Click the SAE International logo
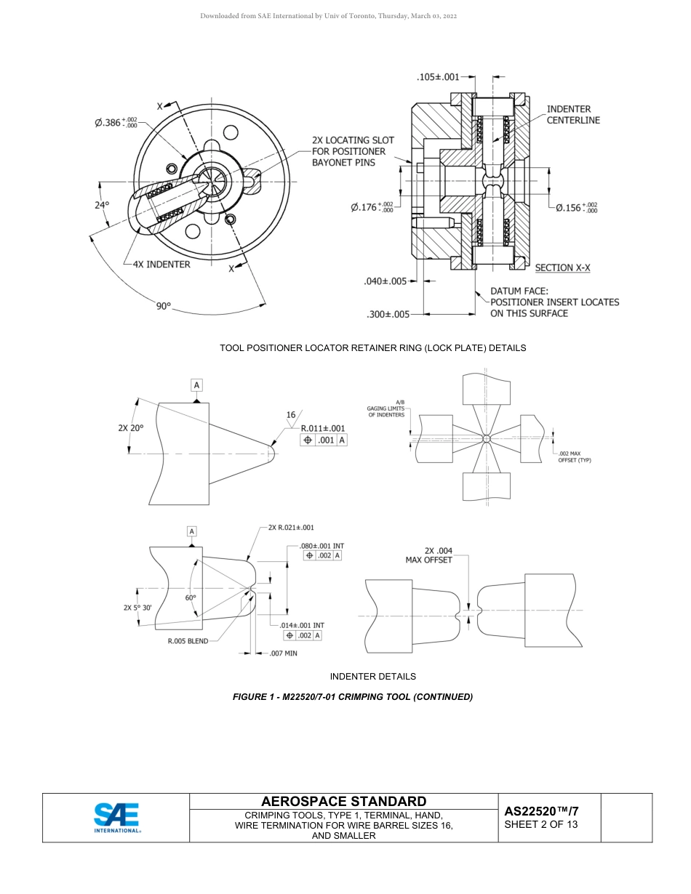116,818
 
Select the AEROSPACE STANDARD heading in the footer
343,802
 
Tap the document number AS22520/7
541,811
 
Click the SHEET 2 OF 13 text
540,824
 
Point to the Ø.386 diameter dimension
116,122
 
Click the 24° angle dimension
101,205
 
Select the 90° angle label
164,306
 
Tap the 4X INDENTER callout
161,265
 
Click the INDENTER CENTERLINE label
573,115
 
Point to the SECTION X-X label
562,268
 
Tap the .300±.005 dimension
388,315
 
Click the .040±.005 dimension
385,281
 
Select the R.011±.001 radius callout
323,429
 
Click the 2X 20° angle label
131,428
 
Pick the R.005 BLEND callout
188,641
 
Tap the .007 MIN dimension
283,653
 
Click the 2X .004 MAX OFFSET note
428,555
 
